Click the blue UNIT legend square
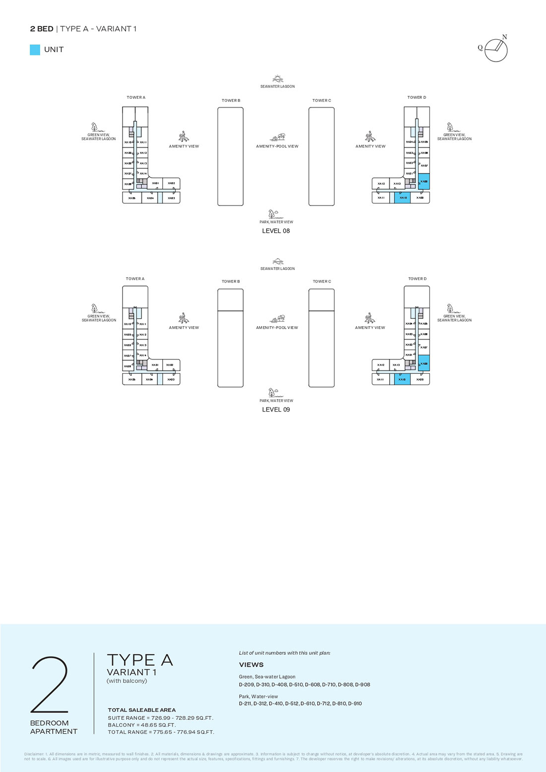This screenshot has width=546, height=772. point(35,50)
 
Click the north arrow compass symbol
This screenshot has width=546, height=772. point(495,50)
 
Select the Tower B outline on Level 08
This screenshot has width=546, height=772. point(230,156)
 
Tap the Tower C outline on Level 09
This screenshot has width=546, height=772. point(322,338)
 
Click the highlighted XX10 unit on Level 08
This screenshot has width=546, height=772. point(403,198)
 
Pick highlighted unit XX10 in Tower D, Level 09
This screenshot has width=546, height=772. point(403,379)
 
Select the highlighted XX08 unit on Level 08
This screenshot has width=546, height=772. point(424,181)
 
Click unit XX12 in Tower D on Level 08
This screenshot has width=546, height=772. point(381,184)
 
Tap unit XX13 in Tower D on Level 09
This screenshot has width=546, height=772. point(397,365)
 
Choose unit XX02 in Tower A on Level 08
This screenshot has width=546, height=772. point(171,183)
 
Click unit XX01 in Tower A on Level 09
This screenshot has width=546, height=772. point(155,365)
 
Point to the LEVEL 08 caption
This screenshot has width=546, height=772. point(276,231)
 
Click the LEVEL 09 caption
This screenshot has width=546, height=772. point(276,410)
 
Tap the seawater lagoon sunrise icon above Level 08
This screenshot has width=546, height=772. point(277,79)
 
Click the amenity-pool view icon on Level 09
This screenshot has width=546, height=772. point(277,318)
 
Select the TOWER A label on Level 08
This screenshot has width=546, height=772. point(136,98)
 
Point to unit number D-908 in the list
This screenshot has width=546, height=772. point(362,685)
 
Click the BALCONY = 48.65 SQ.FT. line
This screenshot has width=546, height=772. point(142,725)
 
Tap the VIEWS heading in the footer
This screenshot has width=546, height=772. point(251,665)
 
